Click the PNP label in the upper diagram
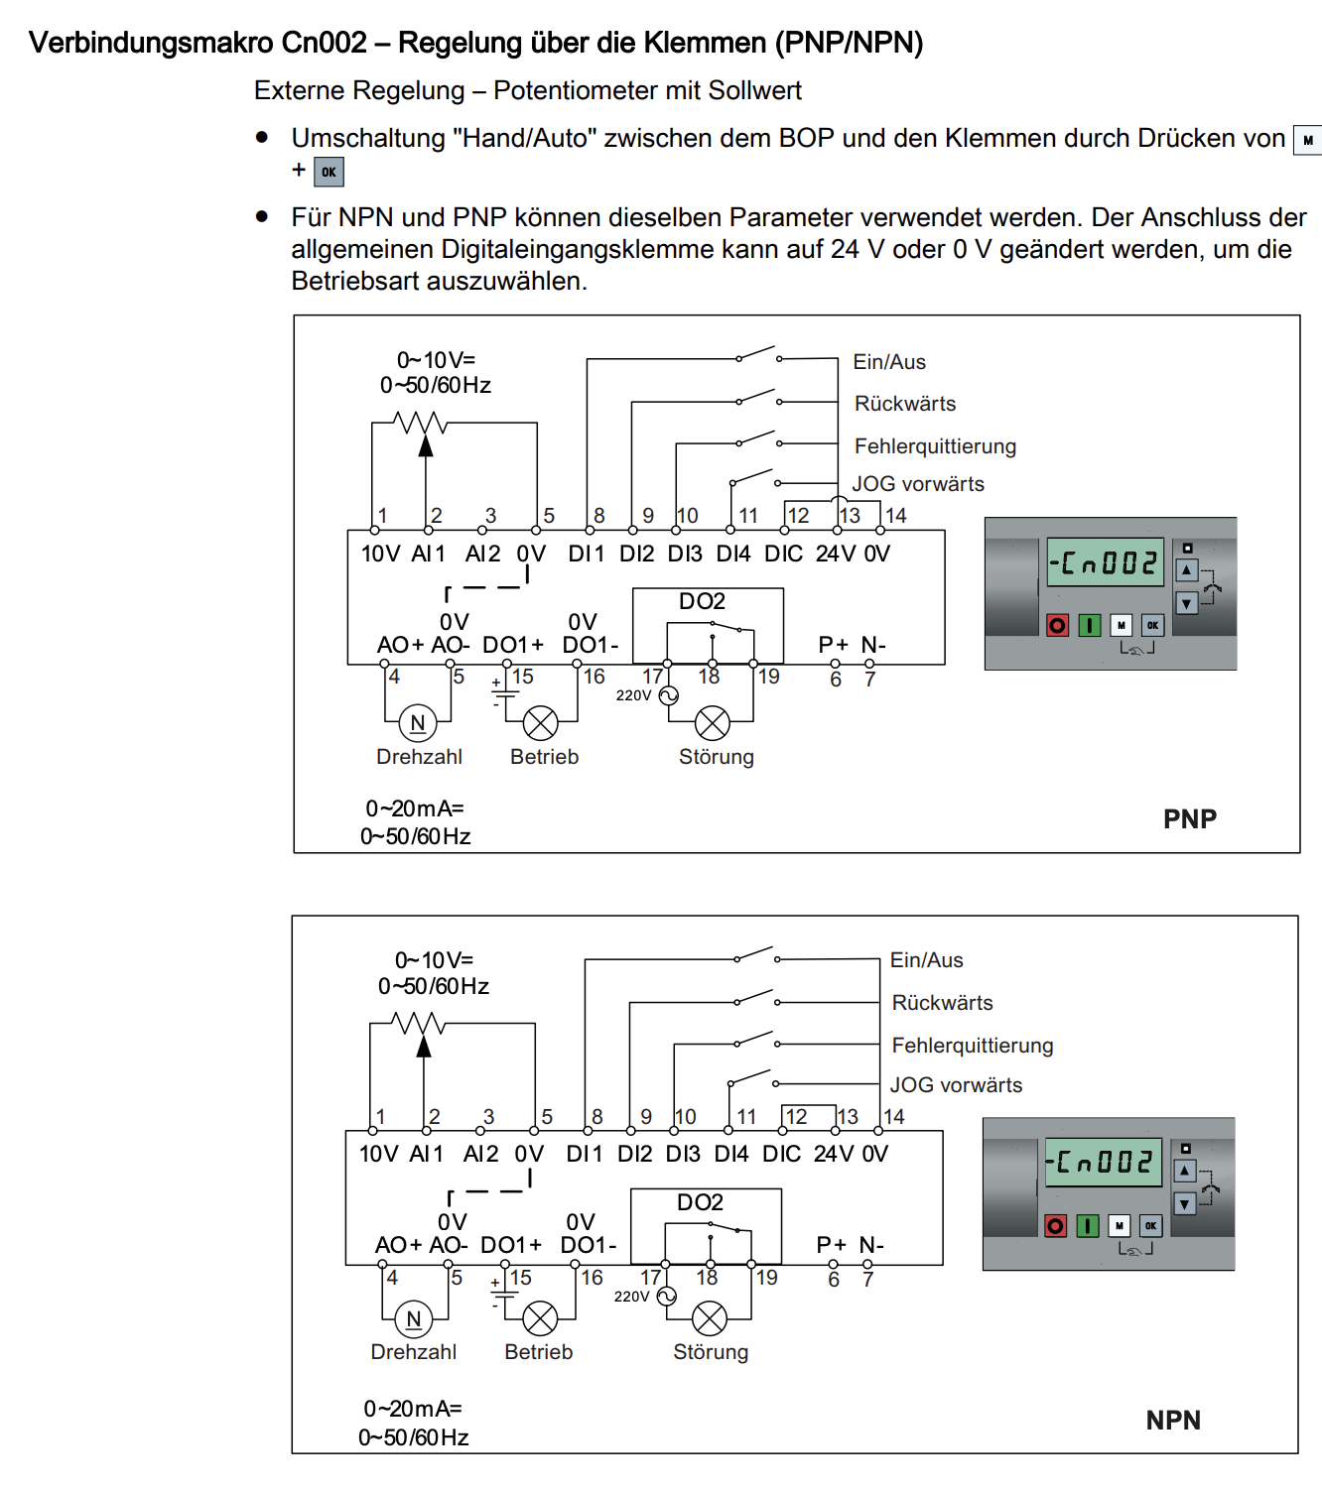point(1189,818)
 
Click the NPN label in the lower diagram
point(1172,1420)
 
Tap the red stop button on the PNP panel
point(1057,625)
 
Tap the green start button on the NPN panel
point(1088,1226)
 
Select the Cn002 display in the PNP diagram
point(1105,562)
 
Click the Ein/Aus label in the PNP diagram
point(889,362)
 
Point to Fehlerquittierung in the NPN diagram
point(972,1046)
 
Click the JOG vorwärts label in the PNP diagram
point(918,484)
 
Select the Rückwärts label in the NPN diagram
point(942,1003)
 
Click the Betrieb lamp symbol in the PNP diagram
point(541,723)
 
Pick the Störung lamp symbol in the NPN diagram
point(709,1318)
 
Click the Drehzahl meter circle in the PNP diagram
point(418,723)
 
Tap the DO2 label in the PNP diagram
point(702,601)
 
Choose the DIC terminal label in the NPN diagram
point(781,1154)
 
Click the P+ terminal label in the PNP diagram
point(834,645)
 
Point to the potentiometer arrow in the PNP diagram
point(426,445)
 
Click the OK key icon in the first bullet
point(329,172)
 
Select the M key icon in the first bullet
point(1307,140)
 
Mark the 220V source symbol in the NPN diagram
point(667,1296)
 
